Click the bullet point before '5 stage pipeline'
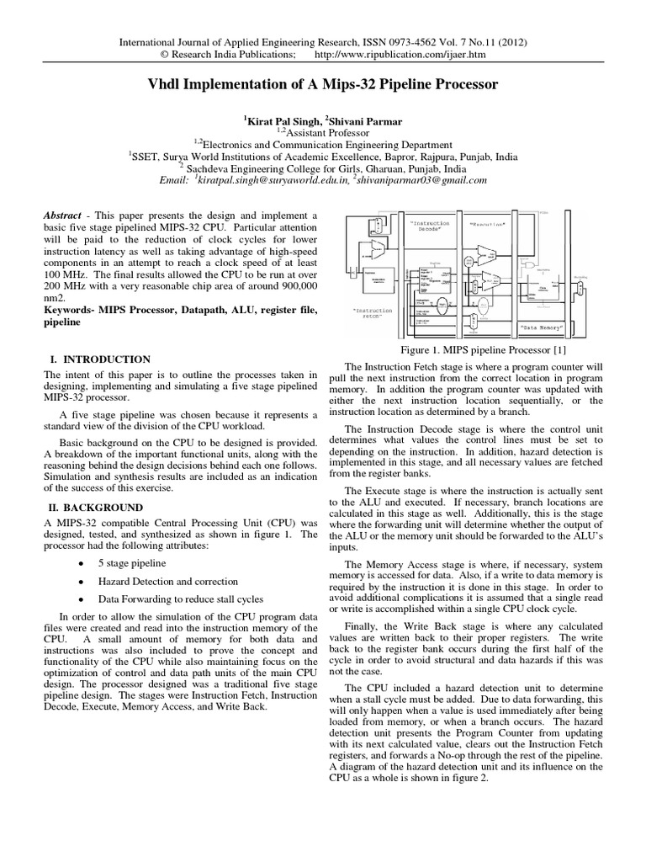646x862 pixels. (79, 563)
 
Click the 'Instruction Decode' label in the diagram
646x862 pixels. (432, 227)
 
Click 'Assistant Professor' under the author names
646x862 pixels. (324, 132)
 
